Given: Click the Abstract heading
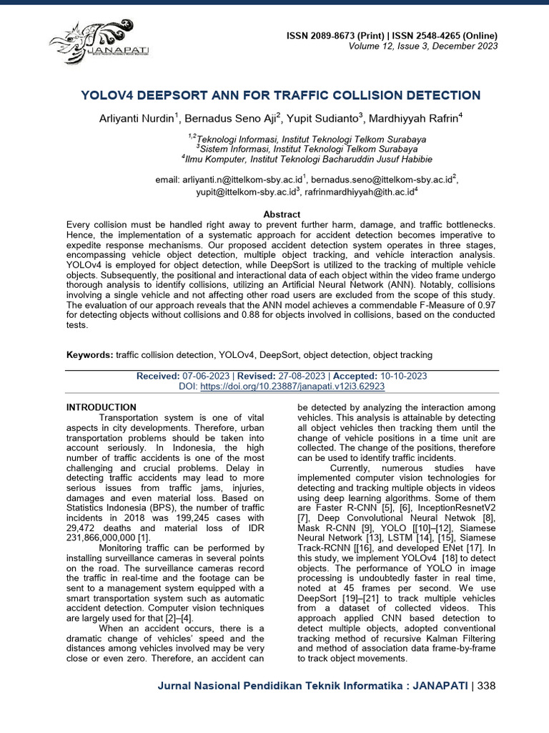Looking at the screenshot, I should (282, 214).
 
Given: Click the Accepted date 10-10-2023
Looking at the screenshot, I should (403, 376).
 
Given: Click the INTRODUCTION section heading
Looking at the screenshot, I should (101, 407).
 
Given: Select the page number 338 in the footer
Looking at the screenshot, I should (485, 686).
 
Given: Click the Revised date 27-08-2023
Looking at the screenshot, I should (302, 376).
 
